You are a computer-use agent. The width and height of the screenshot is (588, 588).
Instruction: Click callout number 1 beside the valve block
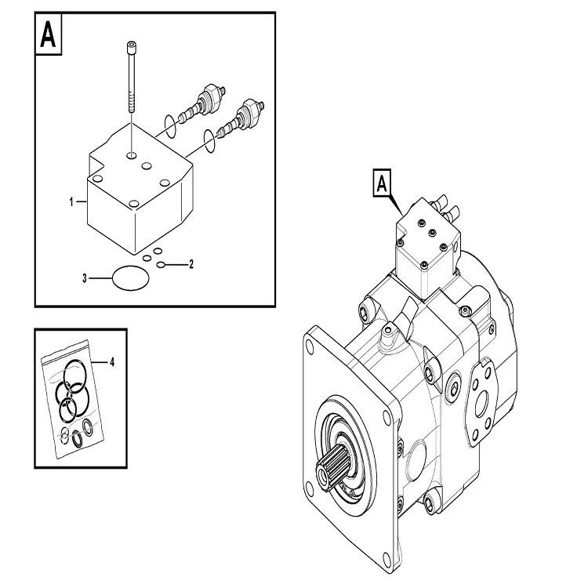pos(71,202)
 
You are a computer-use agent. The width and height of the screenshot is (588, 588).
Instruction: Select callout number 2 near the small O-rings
pos(191,264)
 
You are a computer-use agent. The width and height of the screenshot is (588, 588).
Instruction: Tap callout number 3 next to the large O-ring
pos(85,278)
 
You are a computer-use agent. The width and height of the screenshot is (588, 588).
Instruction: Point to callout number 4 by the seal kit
pos(112,362)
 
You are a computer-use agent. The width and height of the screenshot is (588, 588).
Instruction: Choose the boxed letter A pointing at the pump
pos(382,184)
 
